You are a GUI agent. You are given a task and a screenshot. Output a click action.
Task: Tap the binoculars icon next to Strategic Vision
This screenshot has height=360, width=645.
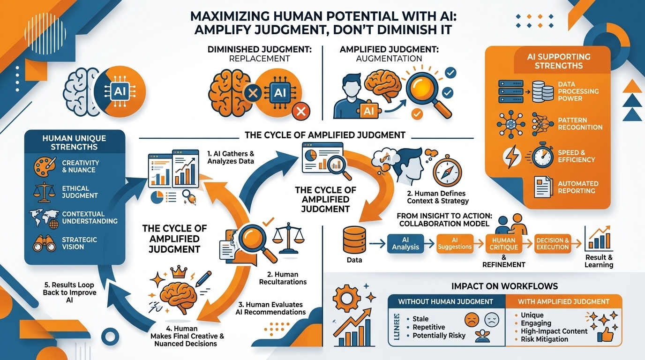pos(45,243)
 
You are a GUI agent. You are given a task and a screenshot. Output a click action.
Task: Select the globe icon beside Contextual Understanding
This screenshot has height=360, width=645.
pos(45,218)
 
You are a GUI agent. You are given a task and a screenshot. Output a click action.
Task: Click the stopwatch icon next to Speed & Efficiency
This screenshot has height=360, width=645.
pos(543,156)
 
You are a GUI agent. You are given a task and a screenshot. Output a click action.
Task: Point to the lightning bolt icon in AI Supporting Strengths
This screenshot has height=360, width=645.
pos(509,157)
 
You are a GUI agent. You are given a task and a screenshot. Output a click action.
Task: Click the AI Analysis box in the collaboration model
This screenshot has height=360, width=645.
pos(406,243)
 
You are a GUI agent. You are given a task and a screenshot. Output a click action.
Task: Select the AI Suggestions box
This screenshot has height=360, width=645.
pos(455,243)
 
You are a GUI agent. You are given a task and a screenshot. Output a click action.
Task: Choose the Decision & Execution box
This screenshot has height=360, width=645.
pos(553,243)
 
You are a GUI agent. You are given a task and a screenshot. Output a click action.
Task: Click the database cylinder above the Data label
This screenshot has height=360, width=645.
pos(354,240)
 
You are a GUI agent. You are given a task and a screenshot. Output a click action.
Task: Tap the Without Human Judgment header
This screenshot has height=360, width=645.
pos(445,301)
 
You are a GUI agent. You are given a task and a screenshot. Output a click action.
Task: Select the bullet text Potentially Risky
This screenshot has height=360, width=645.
pos(439,336)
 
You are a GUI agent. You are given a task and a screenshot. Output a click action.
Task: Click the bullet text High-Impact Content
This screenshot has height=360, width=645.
pos(554,331)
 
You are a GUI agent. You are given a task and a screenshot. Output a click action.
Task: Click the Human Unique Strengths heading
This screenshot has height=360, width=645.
pos(74,142)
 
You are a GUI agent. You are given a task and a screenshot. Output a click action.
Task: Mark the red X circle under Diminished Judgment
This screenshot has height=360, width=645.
pos(300,112)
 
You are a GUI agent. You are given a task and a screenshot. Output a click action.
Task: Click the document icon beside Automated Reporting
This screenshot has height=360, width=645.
pos(543,186)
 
